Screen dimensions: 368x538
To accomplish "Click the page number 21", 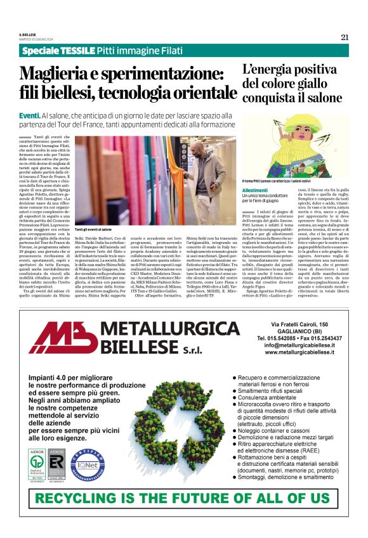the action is (x=345, y=37).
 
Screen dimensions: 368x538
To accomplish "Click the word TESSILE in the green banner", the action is (x=77, y=50).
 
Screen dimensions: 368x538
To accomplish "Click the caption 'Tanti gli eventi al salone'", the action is (x=93, y=229).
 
